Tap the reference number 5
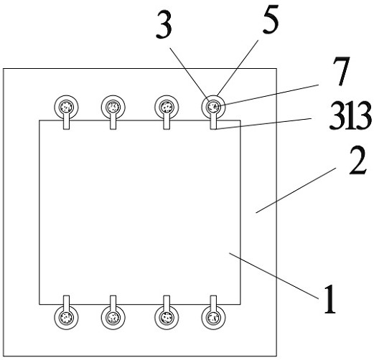tap(271, 19)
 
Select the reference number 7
tap(341, 71)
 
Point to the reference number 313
tap(350, 115)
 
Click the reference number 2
tap(357, 161)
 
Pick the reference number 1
tap(330, 299)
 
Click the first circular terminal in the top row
tap(66, 108)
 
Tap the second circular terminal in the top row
tap(113, 108)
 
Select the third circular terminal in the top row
tap(167, 108)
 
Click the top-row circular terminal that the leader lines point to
tap(213, 108)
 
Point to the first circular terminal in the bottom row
tap(66, 318)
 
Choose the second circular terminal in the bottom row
tap(113, 318)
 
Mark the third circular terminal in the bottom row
tap(167, 318)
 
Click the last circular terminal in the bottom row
tap(213, 318)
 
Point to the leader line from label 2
tap(296, 190)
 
